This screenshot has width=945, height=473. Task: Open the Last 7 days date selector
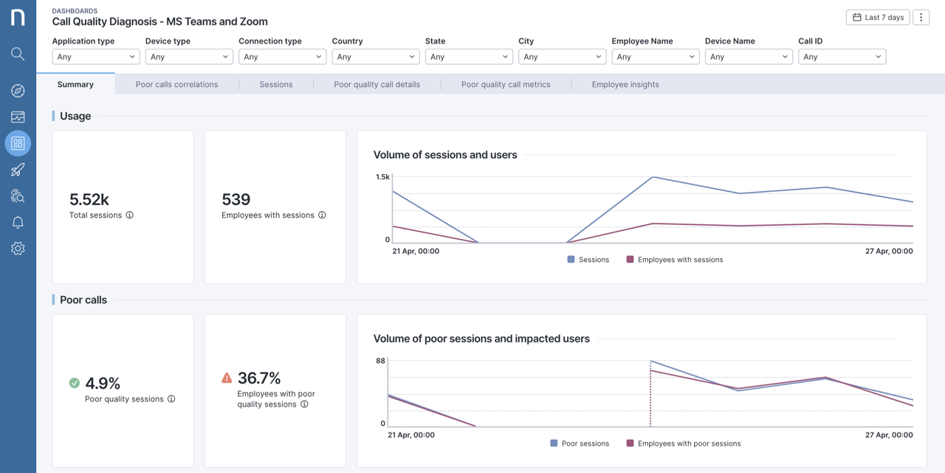click(x=878, y=17)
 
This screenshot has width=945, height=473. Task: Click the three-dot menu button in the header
click(x=921, y=17)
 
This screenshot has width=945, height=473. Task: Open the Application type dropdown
click(x=96, y=57)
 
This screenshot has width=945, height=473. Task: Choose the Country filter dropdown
click(x=375, y=57)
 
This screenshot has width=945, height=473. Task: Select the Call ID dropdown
click(x=842, y=57)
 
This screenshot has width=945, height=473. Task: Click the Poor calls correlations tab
click(x=176, y=84)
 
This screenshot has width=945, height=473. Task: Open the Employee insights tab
click(x=625, y=84)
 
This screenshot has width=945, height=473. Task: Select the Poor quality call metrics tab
click(x=506, y=84)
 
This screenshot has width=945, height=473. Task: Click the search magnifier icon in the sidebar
click(x=18, y=54)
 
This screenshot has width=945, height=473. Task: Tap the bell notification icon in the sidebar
click(x=18, y=222)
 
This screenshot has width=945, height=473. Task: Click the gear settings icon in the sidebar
click(x=18, y=249)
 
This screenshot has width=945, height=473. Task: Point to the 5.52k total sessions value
click(x=89, y=199)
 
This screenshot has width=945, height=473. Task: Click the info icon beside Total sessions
click(x=130, y=215)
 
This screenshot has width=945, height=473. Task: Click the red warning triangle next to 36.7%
click(x=227, y=378)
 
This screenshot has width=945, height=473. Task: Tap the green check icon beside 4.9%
click(x=75, y=383)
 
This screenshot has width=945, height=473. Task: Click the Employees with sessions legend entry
click(x=674, y=260)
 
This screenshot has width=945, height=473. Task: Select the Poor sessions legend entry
click(x=580, y=443)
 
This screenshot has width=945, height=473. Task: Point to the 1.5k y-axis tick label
click(x=382, y=177)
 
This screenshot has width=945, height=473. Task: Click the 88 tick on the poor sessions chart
click(x=380, y=361)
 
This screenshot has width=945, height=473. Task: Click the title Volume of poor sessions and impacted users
click(x=481, y=339)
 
